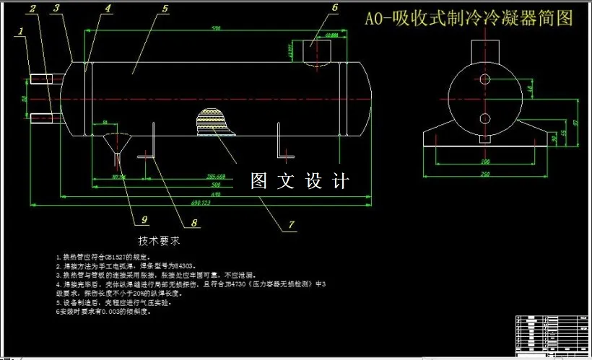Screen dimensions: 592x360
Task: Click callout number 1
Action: pyautogui.click(x=22, y=32)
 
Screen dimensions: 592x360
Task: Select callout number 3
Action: pyautogui.click(x=57, y=9)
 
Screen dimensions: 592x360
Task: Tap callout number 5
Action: pyautogui.click(x=165, y=9)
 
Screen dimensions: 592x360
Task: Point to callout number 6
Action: pyautogui.click(x=334, y=8)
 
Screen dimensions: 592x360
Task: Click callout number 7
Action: pyautogui.click(x=292, y=224)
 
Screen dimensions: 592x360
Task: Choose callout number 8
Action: pyautogui.click(x=194, y=224)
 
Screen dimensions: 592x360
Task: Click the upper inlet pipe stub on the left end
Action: pyautogui.click(x=43, y=79)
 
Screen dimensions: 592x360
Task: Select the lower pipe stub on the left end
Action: pyautogui.click(x=43, y=117)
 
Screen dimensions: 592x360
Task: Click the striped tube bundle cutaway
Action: pyautogui.click(x=214, y=122)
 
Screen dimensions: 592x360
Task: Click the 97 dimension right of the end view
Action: pyautogui.click(x=575, y=123)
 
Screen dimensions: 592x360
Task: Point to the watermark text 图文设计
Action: pyautogui.click(x=300, y=181)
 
